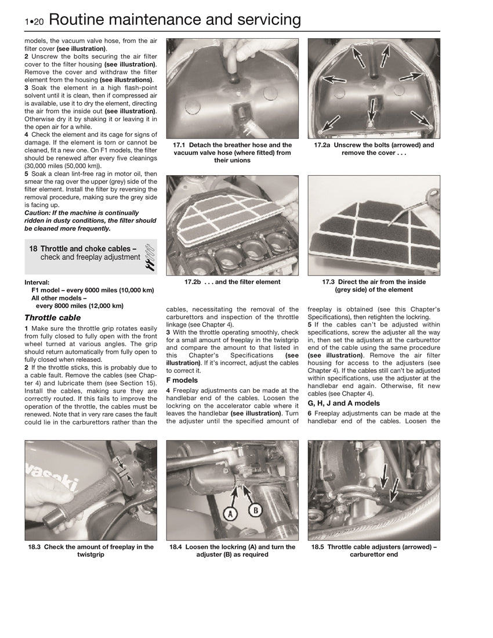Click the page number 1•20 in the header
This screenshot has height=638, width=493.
[x=34, y=22]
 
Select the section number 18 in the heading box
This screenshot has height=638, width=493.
[x=34, y=248]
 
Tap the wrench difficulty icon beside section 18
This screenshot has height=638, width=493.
[x=148, y=257]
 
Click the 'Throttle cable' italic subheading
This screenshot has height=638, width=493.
[x=53, y=318]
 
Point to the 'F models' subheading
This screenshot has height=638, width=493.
[x=182, y=380]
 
